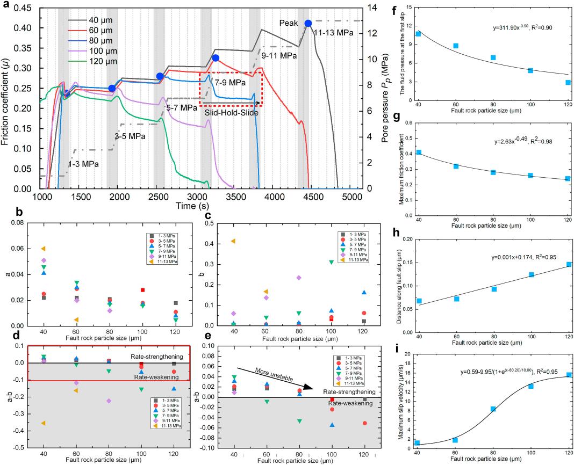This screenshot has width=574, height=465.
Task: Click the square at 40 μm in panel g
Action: pos(418,152)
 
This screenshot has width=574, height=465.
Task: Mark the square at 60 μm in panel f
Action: pos(456,46)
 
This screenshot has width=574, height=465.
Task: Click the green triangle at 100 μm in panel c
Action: pos(332,262)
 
